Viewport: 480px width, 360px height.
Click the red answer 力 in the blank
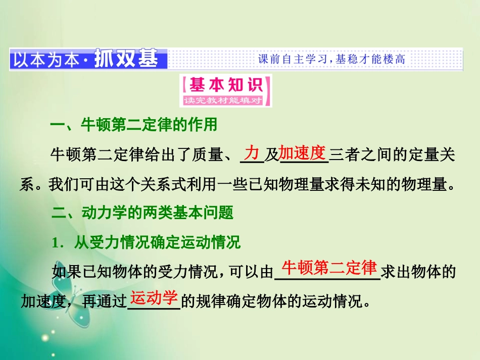point(252,152)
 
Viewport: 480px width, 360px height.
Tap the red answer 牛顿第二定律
point(329,268)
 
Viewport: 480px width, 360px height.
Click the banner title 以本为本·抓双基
point(84,60)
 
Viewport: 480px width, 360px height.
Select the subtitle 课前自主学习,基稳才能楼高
point(331,60)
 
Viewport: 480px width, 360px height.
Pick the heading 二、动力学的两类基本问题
point(142,213)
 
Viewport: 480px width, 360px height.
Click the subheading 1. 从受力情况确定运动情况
point(146,243)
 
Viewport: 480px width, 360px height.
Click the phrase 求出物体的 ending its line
point(418,273)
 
